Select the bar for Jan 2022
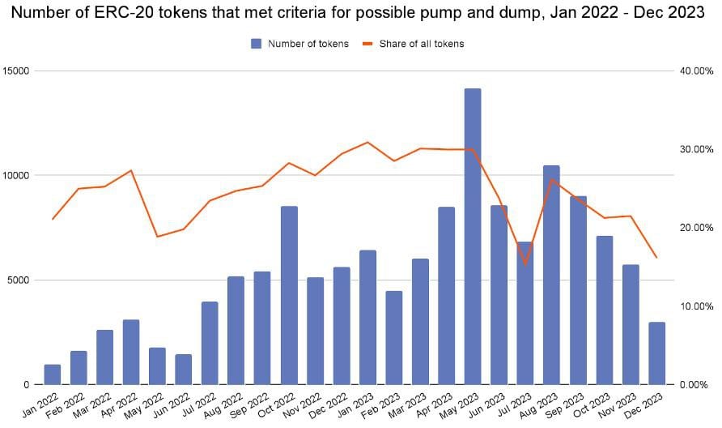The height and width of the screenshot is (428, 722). pos(53,374)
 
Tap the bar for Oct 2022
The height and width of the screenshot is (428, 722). pos(289,295)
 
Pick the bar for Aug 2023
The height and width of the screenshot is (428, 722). pos(551,275)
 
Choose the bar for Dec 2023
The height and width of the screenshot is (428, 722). pos(656,353)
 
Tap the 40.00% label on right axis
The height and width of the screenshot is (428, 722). pos(695,71)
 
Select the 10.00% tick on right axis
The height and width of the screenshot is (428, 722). pos(695,306)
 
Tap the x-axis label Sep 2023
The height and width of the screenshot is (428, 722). pos(571,403)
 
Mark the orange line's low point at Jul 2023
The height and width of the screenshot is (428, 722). pos(525,263)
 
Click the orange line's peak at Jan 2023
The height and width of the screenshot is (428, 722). pos(367,142)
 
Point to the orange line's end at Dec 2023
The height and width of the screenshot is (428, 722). pos(656,258)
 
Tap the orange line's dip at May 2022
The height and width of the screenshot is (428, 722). pos(158,237)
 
